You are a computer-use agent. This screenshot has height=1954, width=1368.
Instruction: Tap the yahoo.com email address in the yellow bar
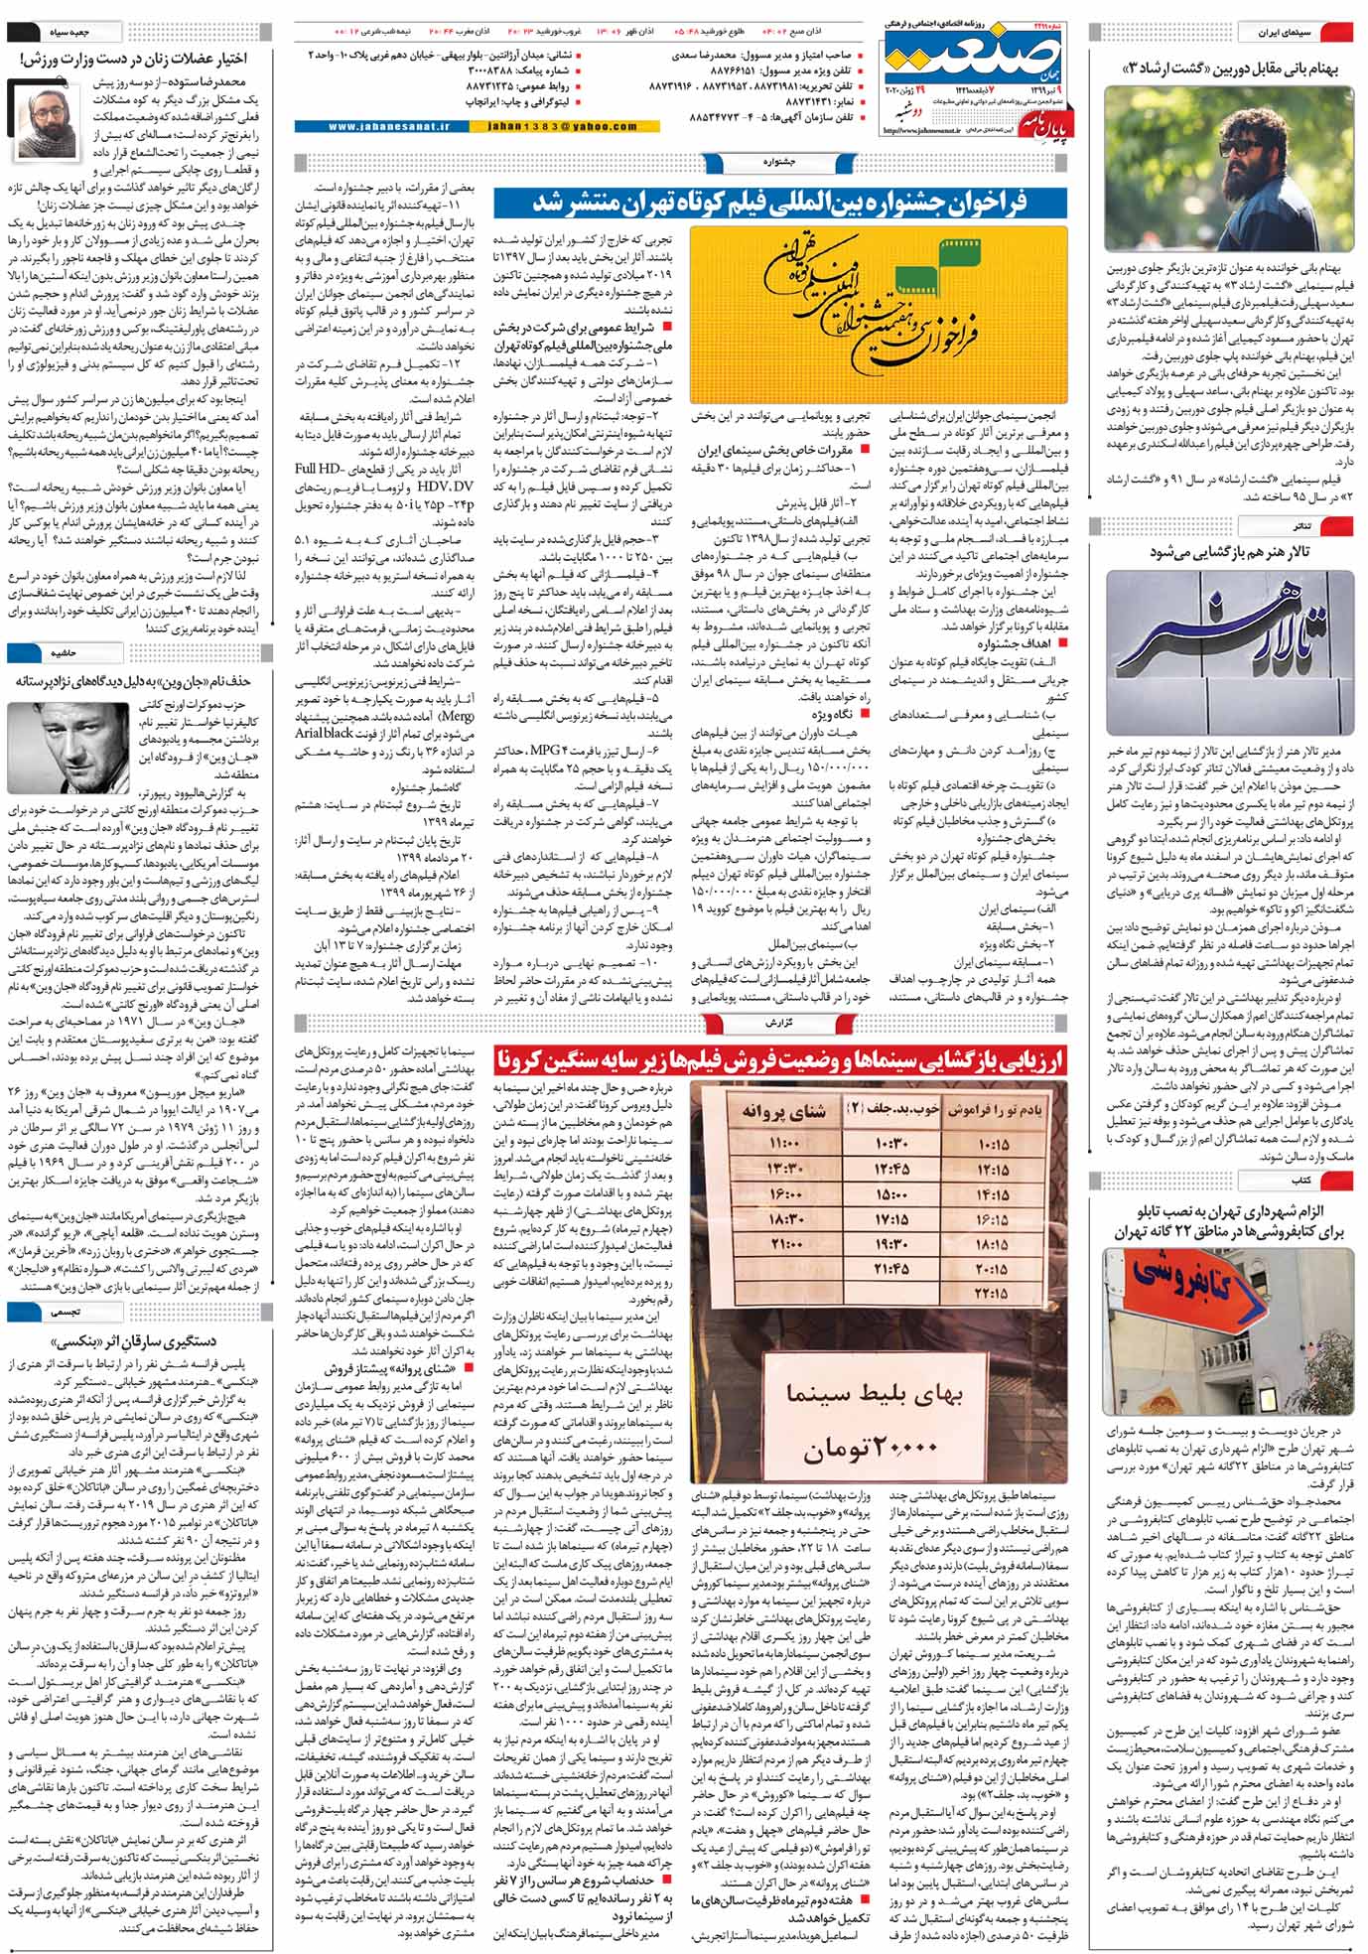(x=563, y=126)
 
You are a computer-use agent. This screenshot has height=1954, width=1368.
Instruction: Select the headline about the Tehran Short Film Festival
(x=780, y=203)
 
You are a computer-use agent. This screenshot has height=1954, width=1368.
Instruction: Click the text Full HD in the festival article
(x=319, y=468)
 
